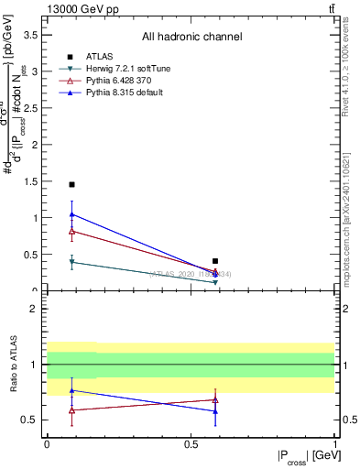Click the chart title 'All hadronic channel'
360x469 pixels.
pyautogui.click(x=191, y=37)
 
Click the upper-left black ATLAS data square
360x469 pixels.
pyautogui.click(x=71, y=184)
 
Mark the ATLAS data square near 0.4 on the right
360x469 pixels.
pyautogui.click(x=215, y=261)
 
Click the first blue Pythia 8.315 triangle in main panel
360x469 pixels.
pyautogui.click(x=71, y=214)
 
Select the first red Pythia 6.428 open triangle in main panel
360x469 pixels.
pyautogui.click(x=71, y=231)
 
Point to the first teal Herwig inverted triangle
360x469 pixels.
pyautogui.click(x=71, y=262)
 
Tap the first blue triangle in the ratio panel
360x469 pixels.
pyautogui.click(x=71, y=390)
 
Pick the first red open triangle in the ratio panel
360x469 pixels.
pyautogui.click(x=71, y=410)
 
